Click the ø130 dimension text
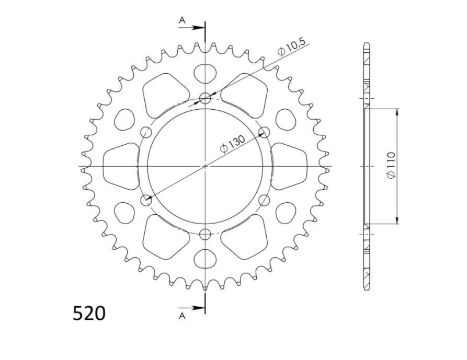click(232, 144)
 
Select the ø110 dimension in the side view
click(391, 166)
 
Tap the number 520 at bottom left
click(89, 313)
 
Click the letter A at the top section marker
click(183, 20)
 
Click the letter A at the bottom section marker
click(183, 316)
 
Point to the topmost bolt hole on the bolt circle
click(205, 98)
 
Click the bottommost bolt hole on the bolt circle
click(205, 235)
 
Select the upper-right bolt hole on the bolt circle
click(264, 132)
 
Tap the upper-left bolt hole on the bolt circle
click(146, 132)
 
